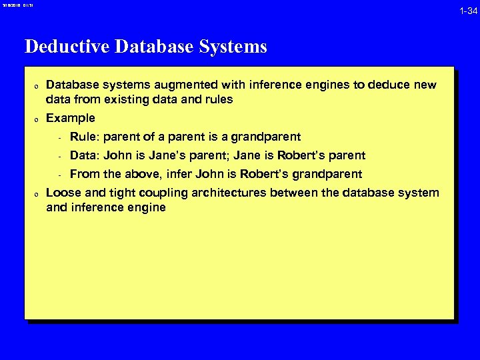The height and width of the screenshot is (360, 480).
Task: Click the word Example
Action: click(71, 118)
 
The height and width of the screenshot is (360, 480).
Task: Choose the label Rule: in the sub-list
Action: click(83, 137)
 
